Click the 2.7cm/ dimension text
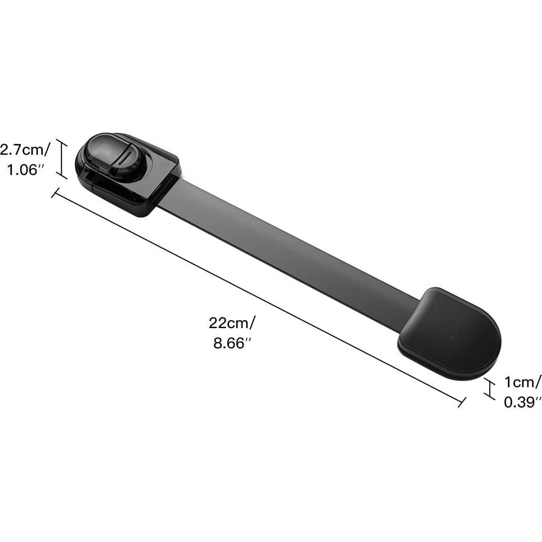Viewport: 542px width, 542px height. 25,150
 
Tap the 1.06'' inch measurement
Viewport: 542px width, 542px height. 25,170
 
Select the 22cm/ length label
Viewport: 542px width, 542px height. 232,323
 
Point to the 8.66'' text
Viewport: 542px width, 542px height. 232,343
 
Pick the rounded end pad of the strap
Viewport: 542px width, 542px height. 449,333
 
